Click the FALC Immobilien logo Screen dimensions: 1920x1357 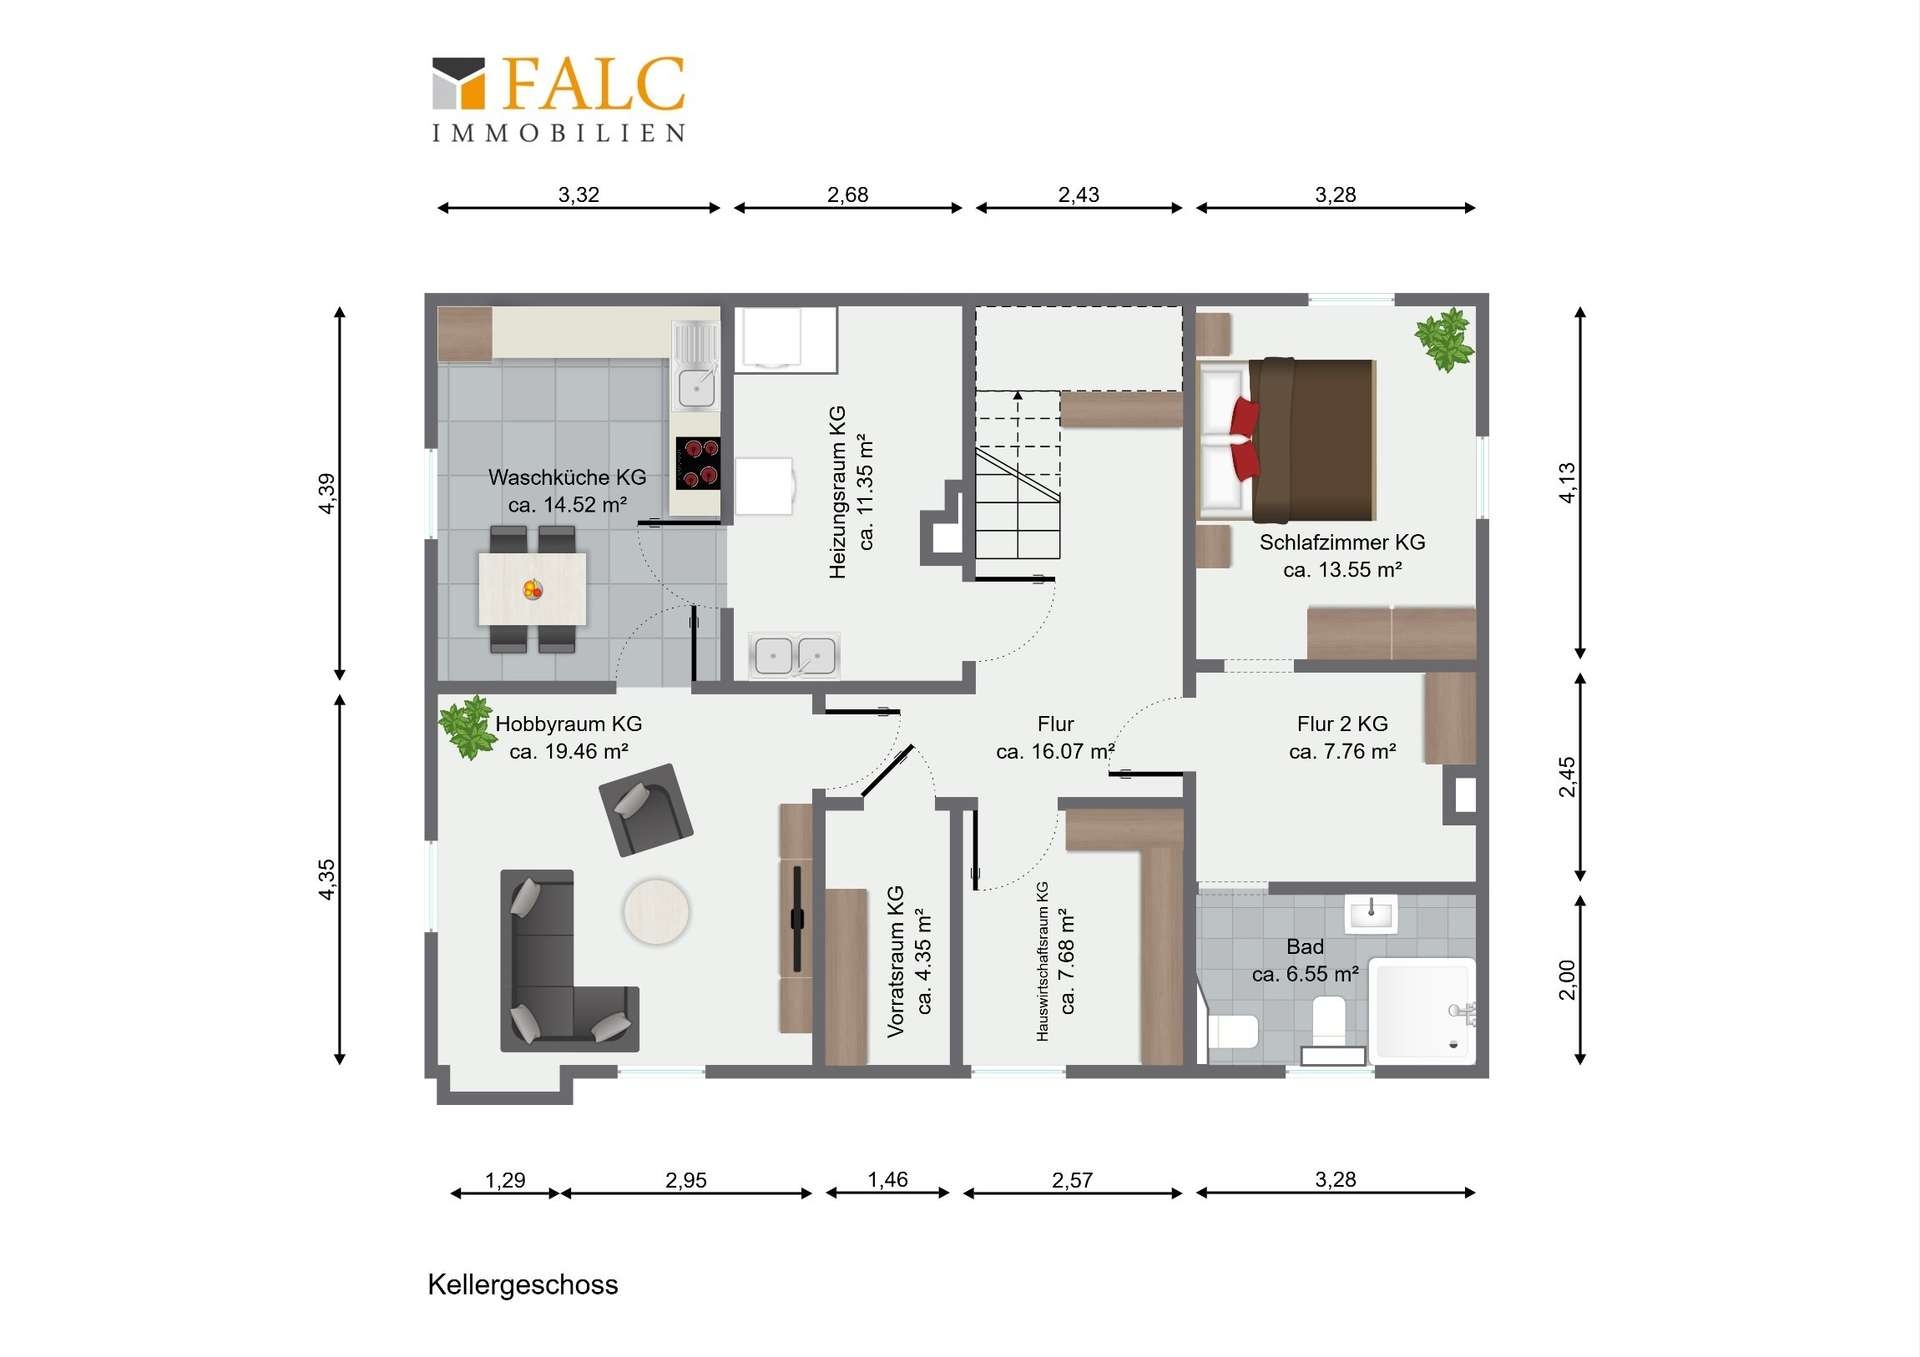559,99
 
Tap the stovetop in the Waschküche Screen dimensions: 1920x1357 697,463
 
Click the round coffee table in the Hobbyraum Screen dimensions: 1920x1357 656,911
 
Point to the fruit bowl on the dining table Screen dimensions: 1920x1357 533,589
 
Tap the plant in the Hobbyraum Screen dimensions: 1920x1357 467,726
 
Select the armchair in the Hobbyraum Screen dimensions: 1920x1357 645,809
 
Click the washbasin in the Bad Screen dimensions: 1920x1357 1370,913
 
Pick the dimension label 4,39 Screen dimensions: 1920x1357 327,493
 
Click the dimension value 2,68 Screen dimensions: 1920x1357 847,194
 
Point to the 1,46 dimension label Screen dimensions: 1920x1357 887,1179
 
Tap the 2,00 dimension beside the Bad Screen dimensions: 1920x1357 1566,979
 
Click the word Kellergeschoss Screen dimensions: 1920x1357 523,1285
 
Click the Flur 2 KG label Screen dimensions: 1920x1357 1342,723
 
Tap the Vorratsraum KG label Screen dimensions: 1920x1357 895,961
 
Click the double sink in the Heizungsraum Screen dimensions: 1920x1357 795,656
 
